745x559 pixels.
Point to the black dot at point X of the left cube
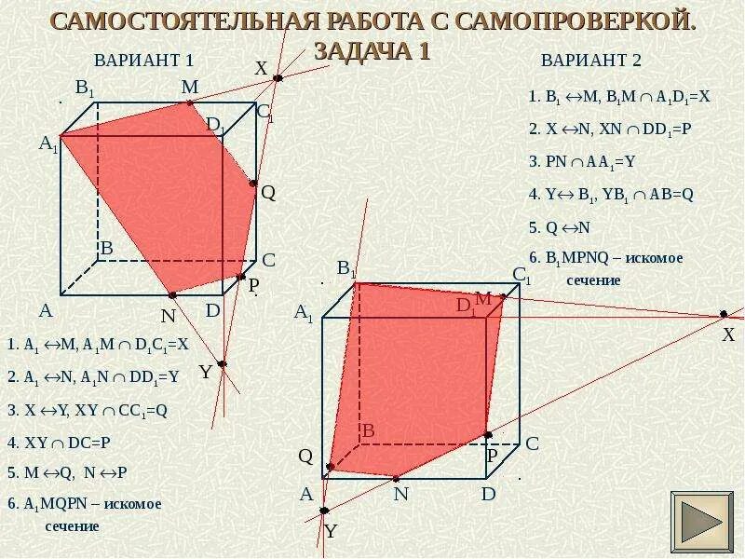click(278, 79)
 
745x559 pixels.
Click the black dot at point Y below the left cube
click(222, 363)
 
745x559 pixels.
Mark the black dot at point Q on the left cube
click(253, 184)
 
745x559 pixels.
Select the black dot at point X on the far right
click(723, 314)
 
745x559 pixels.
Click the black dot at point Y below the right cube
click(324, 510)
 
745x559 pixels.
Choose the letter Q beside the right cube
click(305, 456)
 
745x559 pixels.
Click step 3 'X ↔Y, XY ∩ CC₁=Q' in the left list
click(88, 409)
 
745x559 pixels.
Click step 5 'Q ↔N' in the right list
click(560, 226)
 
